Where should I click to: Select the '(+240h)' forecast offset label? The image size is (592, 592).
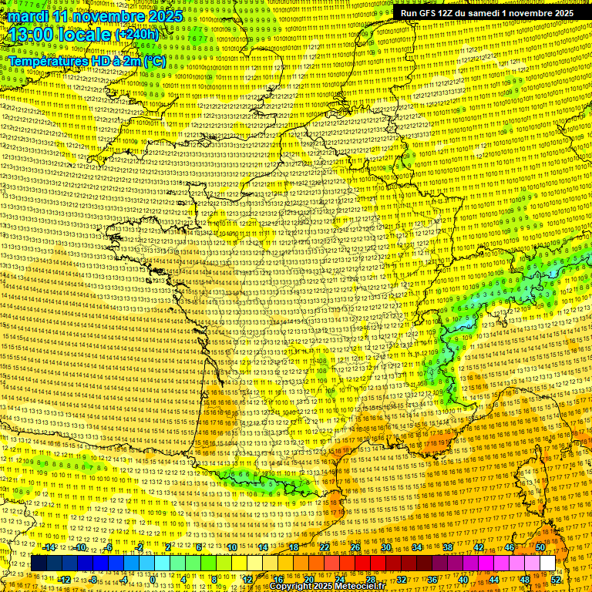[137, 35]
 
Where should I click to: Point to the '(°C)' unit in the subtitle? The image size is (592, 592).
[154, 60]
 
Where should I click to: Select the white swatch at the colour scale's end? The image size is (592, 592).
[547, 563]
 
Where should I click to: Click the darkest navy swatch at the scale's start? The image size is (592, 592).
[39, 563]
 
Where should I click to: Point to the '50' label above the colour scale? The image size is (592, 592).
[540, 547]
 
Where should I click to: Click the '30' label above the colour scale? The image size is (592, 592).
[386, 547]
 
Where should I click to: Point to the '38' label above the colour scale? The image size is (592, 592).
[448, 547]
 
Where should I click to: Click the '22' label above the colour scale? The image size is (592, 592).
[325, 547]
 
